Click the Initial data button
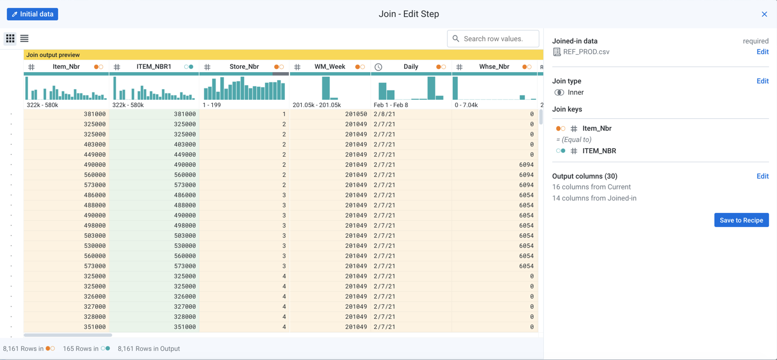tap(33, 14)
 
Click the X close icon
tap(764, 14)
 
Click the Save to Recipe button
tap(741, 220)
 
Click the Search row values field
tap(493, 39)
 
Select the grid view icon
tap(10, 39)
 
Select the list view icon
tap(24, 39)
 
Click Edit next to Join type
tap(762, 81)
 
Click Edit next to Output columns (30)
tap(762, 176)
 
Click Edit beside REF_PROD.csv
tap(762, 52)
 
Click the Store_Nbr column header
tap(244, 66)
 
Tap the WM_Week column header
tap(329, 66)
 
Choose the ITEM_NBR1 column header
tap(154, 66)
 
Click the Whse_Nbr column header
tap(494, 66)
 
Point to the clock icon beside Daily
tap(378, 67)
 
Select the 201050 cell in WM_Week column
tap(356, 114)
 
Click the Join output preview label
tap(53, 55)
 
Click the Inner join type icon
tap(559, 92)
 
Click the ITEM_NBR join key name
tap(599, 151)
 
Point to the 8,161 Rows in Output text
tap(149, 349)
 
